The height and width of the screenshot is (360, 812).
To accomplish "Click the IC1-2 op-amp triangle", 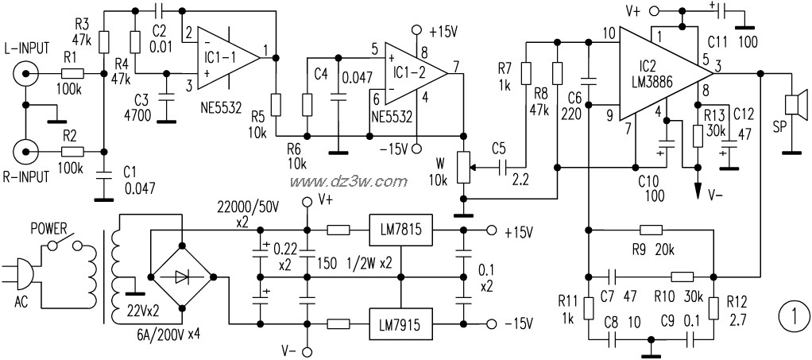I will click(x=416, y=74).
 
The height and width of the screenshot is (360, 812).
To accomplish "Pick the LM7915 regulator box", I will click(x=400, y=323).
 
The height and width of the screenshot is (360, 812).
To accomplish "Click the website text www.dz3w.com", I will click(x=348, y=181).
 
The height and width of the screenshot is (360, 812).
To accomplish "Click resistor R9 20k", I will click(x=652, y=230).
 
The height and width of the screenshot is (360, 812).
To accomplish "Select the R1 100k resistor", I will click(x=72, y=74).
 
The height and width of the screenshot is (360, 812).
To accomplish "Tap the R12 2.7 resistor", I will click(x=713, y=307).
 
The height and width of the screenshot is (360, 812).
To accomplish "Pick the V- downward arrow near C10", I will click(x=698, y=192).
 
